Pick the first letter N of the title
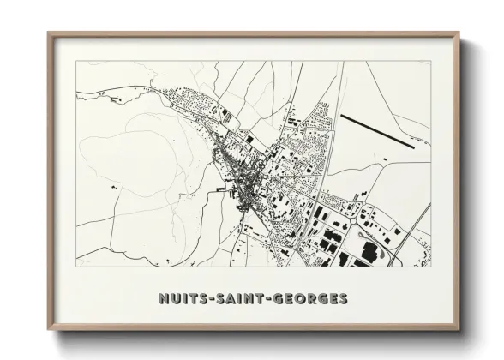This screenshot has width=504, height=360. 163,299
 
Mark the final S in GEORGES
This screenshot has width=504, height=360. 344,299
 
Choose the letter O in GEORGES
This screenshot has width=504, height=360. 304,299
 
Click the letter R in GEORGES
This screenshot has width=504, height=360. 315,299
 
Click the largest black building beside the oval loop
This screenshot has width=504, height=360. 370,250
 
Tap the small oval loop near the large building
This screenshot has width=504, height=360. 388,254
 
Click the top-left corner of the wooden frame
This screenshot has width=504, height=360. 49,33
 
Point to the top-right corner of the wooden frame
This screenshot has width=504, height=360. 459,33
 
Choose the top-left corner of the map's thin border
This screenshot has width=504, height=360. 76,61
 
